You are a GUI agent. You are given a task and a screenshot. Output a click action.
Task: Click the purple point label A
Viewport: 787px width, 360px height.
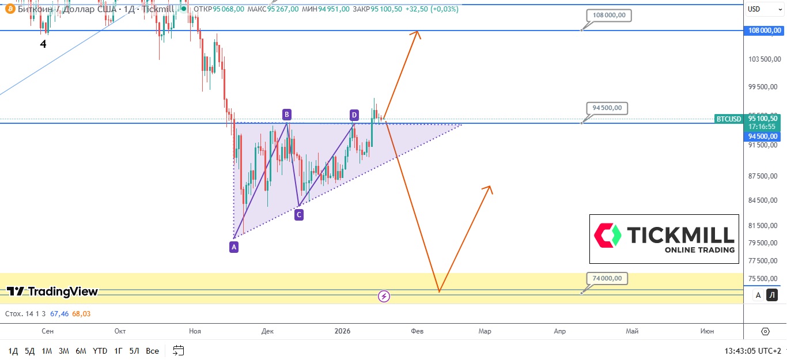pyautogui.click(x=233, y=247)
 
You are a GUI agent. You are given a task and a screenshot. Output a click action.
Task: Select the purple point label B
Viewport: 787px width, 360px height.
pyautogui.click(x=287, y=113)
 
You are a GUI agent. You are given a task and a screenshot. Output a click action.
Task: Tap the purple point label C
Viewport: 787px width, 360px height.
pyautogui.click(x=298, y=215)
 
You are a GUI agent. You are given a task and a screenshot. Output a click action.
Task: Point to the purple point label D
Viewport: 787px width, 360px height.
pyautogui.click(x=354, y=115)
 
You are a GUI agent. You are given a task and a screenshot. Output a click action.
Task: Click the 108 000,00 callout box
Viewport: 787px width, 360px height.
pyautogui.click(x=609, y=16)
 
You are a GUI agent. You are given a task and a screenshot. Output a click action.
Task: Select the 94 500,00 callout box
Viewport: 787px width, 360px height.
pyautogui.click(x=607, y=108)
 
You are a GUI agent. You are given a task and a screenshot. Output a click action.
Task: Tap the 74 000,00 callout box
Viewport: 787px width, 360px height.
pyautogui.click(x=607, y=279)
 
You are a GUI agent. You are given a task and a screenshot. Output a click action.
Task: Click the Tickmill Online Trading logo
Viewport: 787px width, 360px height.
pyautogui.click(x=664, y=239)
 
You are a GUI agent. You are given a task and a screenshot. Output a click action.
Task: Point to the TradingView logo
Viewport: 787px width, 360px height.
pyautogui.click(x=52, y=291)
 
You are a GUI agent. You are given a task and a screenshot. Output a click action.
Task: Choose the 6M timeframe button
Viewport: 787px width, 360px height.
pyautogui.click(x=81, y=351)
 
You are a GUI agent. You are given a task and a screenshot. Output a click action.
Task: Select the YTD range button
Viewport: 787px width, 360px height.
pyautogui.click(x=100, y=351)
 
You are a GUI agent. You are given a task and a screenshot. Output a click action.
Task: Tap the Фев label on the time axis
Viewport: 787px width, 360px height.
pyautogui.click(x=417, y=331)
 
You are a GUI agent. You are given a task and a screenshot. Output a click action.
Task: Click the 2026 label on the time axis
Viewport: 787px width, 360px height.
pyautogui.click(x=342, y=331)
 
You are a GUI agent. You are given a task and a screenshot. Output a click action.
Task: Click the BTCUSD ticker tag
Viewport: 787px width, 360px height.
pyautogui.click(x=728, y=119)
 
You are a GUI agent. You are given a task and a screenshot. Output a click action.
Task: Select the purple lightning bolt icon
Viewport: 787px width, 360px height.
pyautogui.click(x=384, y=297)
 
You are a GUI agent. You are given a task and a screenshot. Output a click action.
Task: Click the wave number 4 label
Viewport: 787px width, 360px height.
pyautogui.click(x=43, y=44)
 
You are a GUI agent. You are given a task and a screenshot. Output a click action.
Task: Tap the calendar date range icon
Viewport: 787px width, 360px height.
pyautogui.click(x=178, y=350)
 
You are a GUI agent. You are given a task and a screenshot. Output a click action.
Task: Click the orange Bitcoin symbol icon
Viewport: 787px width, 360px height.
pyautogui.click(x=9, y=9)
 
